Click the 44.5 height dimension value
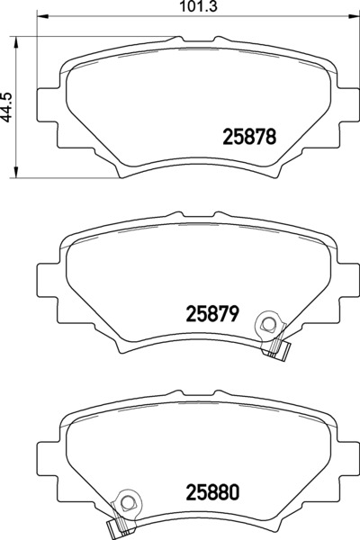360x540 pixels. [7, 107]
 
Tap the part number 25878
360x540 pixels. [250, 137]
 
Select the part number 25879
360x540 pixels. [212, 314]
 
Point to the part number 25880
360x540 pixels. [212, 492]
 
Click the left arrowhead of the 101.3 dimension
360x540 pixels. [41, 15]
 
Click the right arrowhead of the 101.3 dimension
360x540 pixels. [354, 15]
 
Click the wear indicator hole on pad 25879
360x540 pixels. [267, 324]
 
